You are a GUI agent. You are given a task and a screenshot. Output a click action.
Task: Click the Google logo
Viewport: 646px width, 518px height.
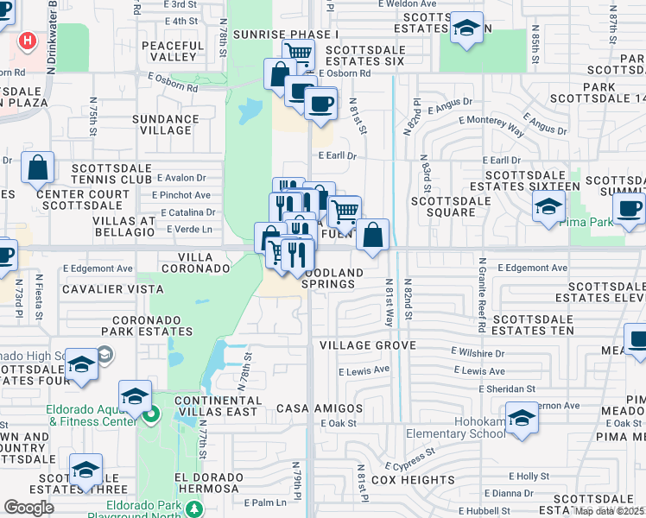[x=29, y=508]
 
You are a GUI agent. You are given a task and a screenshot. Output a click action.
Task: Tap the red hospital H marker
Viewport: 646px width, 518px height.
[x=28, y=40]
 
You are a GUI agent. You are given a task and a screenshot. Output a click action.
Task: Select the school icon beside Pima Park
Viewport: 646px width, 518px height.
[x=548, y=207]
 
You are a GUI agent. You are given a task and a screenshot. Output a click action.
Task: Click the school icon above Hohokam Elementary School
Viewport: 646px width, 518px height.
[x=522, y=418]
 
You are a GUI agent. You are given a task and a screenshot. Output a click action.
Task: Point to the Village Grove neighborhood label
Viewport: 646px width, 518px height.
[x=368, y=345]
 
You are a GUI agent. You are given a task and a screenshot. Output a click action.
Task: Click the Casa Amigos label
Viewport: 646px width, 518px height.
[x=319, y=407]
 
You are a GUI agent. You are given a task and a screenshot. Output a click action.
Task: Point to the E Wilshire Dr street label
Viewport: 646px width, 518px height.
[x=478, y=352]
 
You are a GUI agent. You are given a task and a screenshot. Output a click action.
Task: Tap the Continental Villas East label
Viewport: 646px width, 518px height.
[x=216, y=407]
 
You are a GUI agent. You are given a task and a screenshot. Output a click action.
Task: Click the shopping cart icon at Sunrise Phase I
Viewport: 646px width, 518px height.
[x=298, y=54]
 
